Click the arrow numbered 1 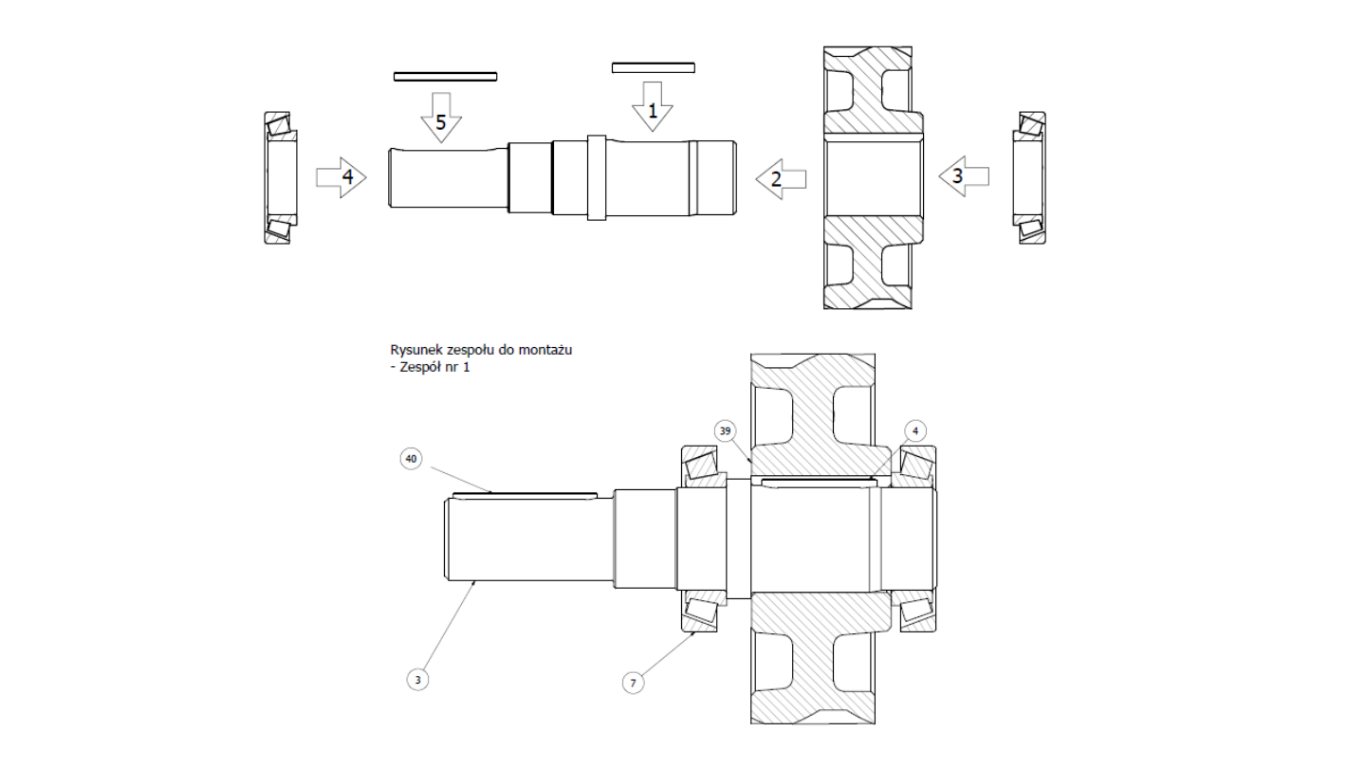(653, 106)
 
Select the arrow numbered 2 (782, 179)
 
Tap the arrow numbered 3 (964, 176)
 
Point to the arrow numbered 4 (341, 177)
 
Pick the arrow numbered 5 (441, 118)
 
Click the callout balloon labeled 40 (411, 458)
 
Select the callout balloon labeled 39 (725, 430)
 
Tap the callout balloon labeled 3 (417, 680)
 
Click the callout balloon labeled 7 (633, 683)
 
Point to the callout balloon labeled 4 (915, 430)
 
